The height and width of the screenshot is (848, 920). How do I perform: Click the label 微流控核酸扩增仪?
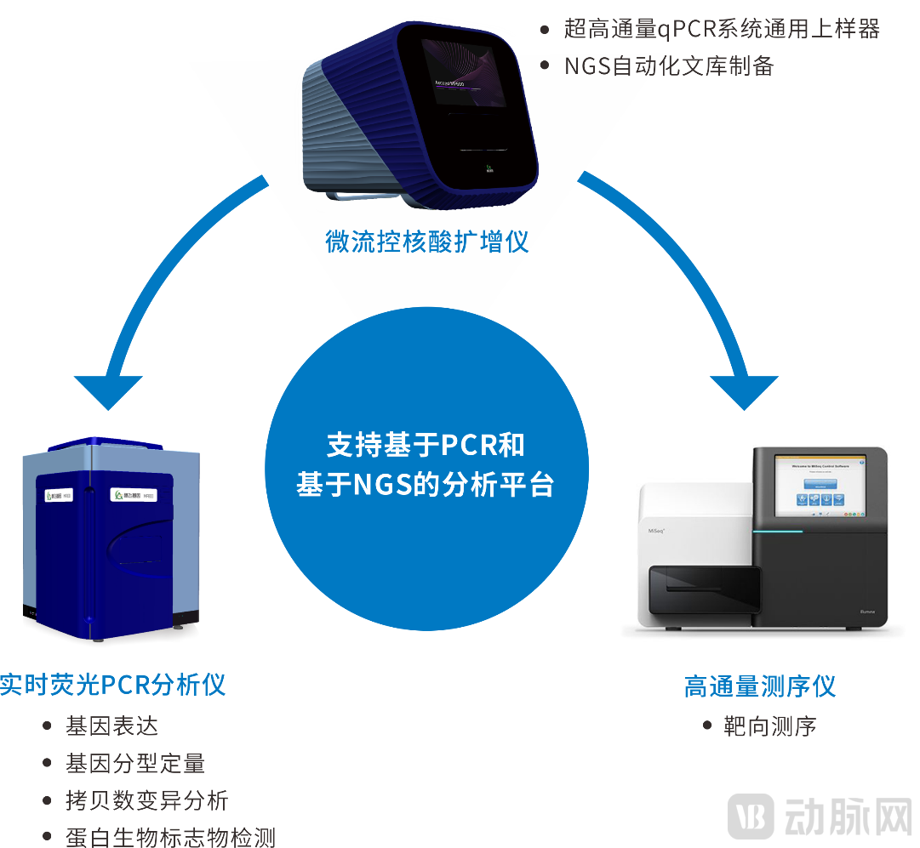point(427,242)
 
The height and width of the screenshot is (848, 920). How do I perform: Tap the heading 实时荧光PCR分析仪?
point(112,685)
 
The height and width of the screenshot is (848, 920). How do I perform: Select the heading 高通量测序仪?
point(759,686)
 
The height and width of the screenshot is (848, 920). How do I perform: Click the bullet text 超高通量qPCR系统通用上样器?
point(722,29)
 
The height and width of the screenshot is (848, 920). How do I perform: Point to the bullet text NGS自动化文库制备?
point(669,66)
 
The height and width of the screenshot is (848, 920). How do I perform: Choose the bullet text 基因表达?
point(111,726)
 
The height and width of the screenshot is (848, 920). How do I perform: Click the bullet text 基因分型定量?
point(135,764)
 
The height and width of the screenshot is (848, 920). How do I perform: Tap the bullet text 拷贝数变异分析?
point(147,800)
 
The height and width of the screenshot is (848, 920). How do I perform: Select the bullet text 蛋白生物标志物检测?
point(170,837)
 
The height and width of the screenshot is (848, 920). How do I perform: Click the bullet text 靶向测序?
point(770,726)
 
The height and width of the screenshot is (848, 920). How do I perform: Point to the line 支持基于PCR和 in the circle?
point(426,445)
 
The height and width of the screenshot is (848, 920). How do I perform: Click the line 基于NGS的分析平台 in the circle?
point(426,485)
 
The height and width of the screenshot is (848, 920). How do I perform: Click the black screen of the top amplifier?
point(466,68)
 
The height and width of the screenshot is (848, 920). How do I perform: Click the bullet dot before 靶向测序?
point(707,726)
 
